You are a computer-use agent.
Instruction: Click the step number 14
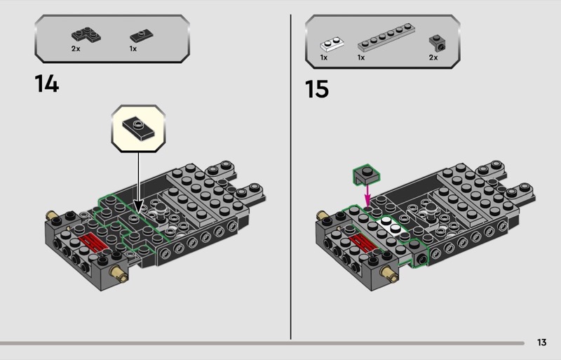click(47, 84)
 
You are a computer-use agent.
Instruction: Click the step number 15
click(317, 89)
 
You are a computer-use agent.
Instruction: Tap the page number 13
click(541, 342)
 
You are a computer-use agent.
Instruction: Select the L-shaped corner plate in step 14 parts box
click(86, 35)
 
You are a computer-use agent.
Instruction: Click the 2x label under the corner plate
click(76, 48)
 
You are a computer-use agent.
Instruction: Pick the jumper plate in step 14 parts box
click(142, 36)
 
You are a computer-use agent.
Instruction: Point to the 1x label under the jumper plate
click(133, 48)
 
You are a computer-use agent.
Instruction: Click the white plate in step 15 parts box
click(332, 44)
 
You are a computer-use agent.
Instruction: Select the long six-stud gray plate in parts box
click(386, 38)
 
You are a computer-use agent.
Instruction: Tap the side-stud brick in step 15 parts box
click(437, 43)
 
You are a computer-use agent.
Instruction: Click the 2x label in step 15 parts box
click(433, 58)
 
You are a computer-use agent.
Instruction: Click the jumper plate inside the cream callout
click(138, 129)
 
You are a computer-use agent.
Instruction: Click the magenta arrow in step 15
click(367, 195)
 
